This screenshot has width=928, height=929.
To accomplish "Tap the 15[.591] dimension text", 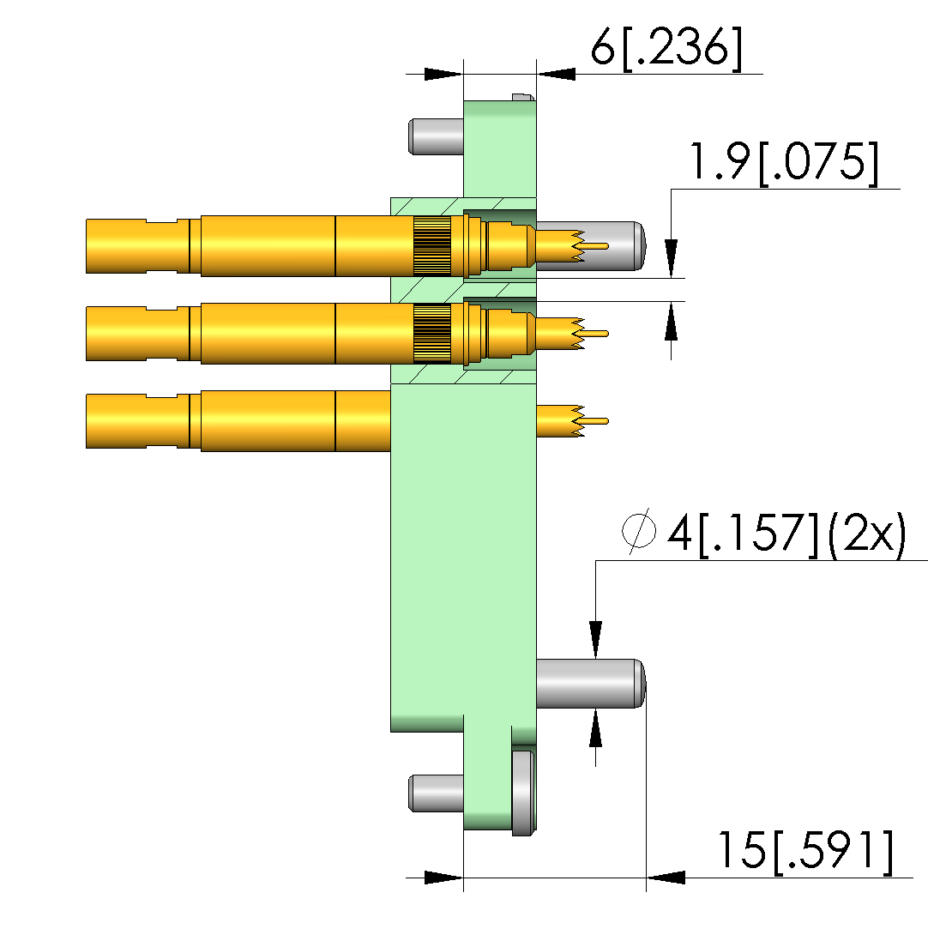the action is pos(805,852).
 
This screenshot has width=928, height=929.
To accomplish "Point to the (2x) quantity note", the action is pos(867,534).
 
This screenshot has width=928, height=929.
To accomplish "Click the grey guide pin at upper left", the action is pos(436,136).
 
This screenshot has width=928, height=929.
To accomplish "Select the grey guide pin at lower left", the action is pos(436,793).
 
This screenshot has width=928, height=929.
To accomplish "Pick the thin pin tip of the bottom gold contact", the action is pos(596,421).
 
